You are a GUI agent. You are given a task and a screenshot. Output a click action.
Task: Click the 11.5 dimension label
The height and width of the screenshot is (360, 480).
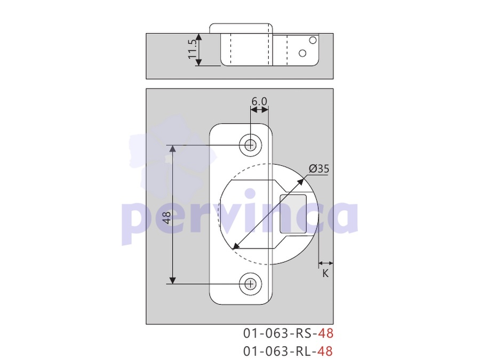pos(192,49)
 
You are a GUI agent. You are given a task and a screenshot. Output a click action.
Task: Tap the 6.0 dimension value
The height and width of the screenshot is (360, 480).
pos(259,101)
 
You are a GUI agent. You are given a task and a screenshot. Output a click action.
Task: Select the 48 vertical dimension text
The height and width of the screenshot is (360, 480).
pos(167,218)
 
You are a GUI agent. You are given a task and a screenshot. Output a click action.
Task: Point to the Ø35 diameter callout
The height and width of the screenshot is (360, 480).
pos(319,169)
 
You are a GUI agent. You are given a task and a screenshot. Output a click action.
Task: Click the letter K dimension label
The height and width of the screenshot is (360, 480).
pos(325,274)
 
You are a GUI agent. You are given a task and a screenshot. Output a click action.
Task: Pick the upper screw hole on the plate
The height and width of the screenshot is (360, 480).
pos(251,145)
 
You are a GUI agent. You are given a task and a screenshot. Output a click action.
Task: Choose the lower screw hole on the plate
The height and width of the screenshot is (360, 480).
pos(251,284)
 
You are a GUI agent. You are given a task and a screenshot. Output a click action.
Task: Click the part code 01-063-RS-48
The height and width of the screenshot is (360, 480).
pos(288,333)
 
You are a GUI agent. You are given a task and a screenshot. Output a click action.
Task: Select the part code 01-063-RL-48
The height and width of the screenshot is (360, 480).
pos(288,351)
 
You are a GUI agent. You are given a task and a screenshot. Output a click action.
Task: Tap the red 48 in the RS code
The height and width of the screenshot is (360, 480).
pos(325,333)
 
